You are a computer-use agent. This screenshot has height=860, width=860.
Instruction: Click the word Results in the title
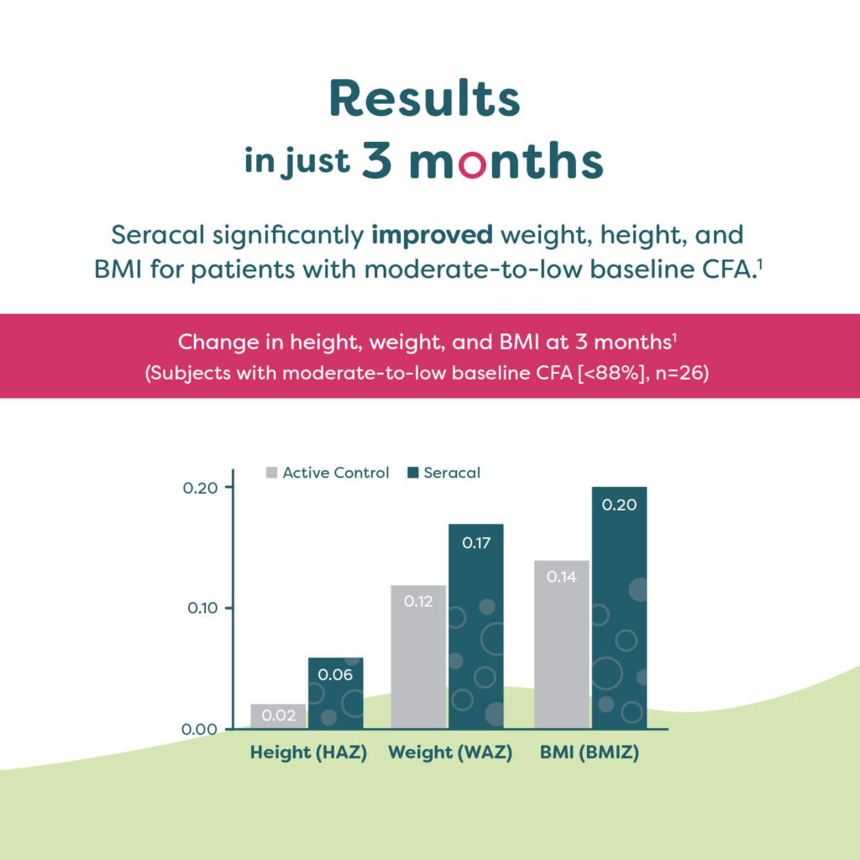click(424, 98)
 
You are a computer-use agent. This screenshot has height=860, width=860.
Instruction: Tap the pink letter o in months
click(472, 164)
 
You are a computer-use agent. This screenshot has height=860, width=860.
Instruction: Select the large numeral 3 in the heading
click(377, 160)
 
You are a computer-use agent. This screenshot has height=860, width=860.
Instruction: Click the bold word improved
click(433, 236)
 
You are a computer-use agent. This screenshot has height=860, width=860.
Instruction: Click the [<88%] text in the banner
click(611, 373)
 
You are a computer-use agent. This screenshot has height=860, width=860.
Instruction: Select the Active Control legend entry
click(328, 473)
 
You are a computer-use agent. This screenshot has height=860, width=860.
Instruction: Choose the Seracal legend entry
click(443, 473)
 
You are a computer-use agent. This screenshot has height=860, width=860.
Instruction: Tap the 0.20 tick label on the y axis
click(200, 488)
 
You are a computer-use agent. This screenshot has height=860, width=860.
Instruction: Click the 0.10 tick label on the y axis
click(202, 608)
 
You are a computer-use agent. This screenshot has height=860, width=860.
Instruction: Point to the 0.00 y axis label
click(200, 729)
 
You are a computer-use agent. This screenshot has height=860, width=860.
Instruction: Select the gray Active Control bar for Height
click(278, 716)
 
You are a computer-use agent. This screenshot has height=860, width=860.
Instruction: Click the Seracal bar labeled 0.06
click(336, 693)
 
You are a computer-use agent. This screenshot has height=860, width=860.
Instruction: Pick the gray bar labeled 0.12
click(418, 657)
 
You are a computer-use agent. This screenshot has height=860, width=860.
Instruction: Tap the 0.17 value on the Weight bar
click(476, 543)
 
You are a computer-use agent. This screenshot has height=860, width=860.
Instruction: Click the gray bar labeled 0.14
click(562, 644)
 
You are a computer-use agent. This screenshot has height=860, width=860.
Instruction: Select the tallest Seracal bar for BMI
click(619, 608)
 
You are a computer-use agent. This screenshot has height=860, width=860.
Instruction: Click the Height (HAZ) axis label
click(308, 752)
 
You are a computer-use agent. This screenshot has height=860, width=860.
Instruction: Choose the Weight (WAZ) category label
click(450, 752)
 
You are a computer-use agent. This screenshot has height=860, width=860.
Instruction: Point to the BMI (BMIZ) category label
click(590, 752)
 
